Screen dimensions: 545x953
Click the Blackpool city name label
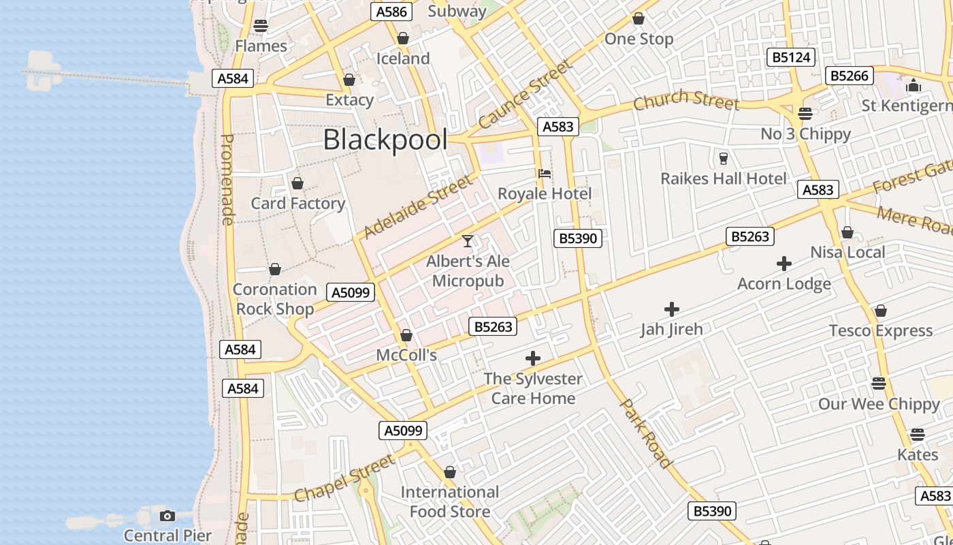pos(385,140)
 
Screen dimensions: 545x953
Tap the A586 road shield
pos(391,12)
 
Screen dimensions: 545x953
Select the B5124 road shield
pos(790,57)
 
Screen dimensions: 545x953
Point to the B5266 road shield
pos(849,76)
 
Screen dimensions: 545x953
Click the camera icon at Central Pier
pos(167,516)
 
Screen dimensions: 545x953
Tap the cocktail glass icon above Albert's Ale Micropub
pos(468,241)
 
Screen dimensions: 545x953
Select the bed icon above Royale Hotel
pos(545,174)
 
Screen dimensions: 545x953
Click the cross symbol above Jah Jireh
pos(672,309)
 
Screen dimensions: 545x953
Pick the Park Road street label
pos(646,434)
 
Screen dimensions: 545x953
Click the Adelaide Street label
pos(417,206)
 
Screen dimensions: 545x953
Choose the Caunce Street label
pos(525,95)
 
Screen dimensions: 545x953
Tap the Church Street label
pos(685,101)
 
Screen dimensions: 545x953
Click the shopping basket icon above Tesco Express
pos(880,311)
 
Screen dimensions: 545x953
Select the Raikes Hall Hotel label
pos(724,178)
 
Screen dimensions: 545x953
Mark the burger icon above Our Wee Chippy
pos(879,384)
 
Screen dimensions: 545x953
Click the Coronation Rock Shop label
pos(274,299)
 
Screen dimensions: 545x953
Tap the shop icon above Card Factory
pos(297,184)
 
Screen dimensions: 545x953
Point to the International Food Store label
pos(449,501)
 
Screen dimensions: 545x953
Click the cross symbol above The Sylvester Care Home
pos(533,358)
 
